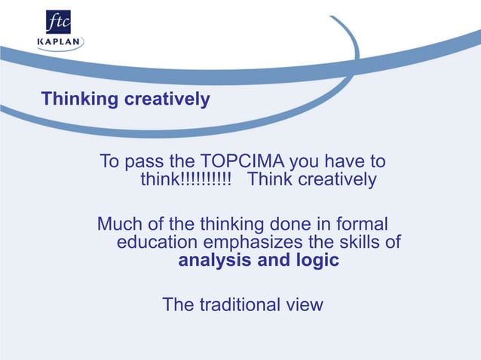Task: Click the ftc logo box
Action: [x=59, y=22]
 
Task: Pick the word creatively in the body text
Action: [x=337, y=181]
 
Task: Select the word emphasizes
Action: [x=249, y=243]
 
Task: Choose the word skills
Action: [x=354, y=243]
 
